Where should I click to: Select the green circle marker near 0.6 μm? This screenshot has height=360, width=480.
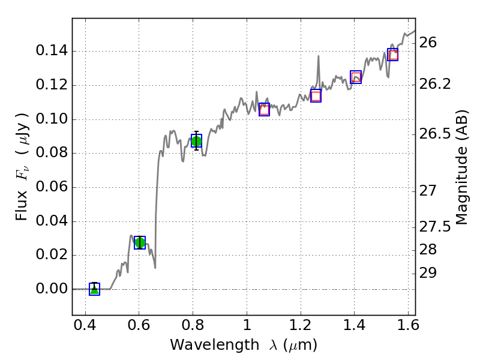[140, 242]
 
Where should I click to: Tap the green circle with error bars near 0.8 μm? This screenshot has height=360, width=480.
[196, 140]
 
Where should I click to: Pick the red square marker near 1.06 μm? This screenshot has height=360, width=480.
[264, 109]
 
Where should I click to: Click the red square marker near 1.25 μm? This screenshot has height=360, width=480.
[316, 96]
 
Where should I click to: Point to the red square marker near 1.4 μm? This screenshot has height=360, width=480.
[356, 77]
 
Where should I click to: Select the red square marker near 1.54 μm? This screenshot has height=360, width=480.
[393, 55]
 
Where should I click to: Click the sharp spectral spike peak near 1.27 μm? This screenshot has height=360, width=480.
[318, 56]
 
